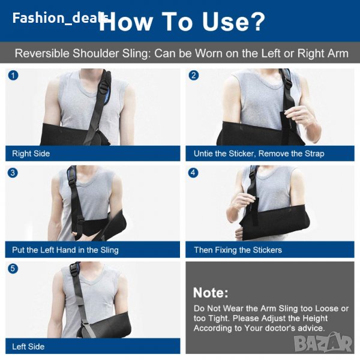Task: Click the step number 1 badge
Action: click(x=13, y=76)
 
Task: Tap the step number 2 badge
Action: click(x=194, y=76)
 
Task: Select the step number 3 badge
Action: click(x=13, y=173)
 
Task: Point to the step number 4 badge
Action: click(x=193, y=173)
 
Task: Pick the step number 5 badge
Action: click(x=13, y=268)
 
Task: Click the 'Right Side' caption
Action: click(x=31, y=154)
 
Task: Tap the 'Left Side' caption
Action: click(x=28, y=346)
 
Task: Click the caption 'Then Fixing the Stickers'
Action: click(x=238, y=250)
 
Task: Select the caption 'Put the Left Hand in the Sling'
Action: click(x=65, y=250)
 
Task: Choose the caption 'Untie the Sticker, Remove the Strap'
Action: click(x=259, y=154)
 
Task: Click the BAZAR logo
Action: click(x=323, y=343)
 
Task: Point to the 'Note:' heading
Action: click(x=211, y=293)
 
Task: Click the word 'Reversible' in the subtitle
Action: click(x=42, y=53)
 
